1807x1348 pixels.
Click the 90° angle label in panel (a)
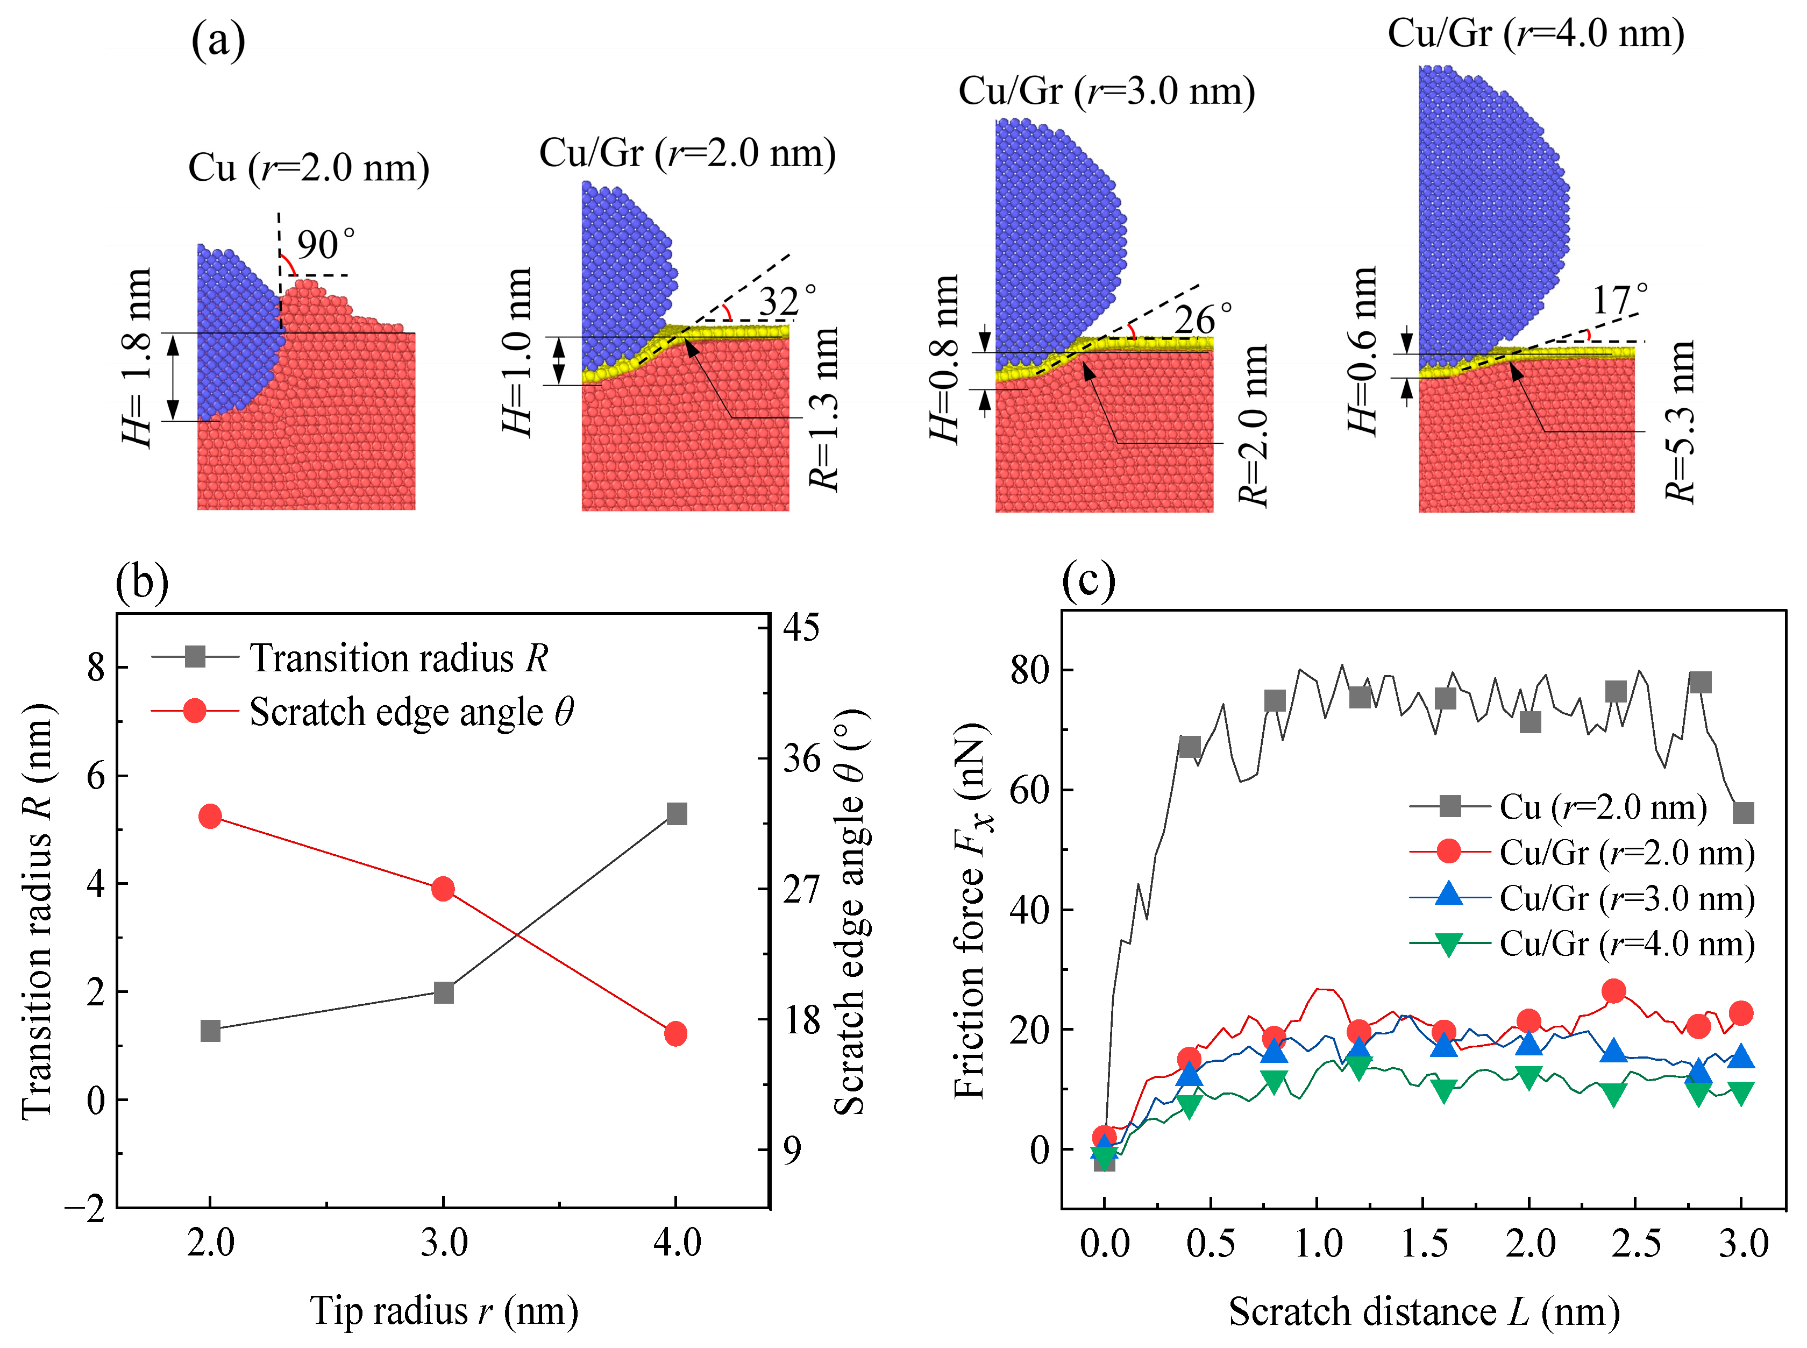pos(325,245)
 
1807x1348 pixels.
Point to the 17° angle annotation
pos(1619,300)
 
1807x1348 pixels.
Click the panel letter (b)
pos(142,582)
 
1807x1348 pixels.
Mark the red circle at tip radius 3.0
pos(443,889)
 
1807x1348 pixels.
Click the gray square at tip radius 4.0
pos(677,813)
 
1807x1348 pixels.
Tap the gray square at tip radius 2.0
pos(210,1031)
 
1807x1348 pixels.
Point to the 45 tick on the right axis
pos(801,628)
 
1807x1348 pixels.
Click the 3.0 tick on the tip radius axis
pos(444,1243)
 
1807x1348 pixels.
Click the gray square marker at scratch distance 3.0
pos(1742,813)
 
